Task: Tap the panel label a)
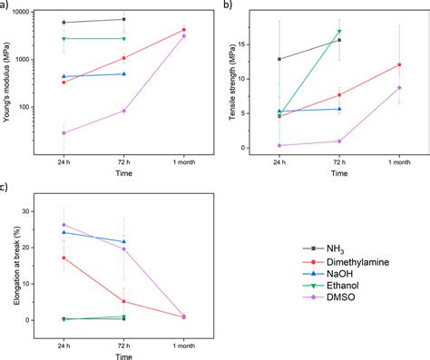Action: pyautogui.click(x=7, y=6)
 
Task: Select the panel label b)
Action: pyautogui.click(x=228, y=6)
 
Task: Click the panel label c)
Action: pyautogui.click(x=7, y=188)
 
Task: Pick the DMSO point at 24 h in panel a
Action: pyautogui.click(x=64, y=133)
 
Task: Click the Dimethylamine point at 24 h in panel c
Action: pyautogui.click(x=64, y=258)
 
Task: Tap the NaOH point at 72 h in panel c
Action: pyautogui.click(x=123, y=241)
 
